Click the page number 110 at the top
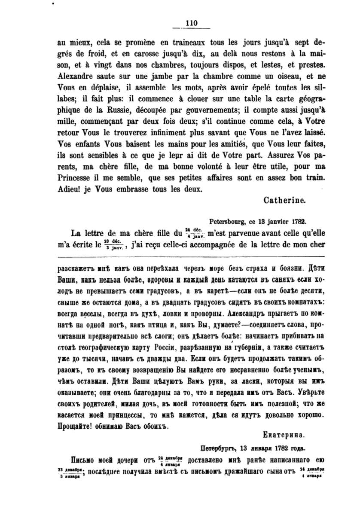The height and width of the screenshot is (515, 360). tap(191, 24)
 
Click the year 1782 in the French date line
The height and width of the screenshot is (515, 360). tap(296, 222)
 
